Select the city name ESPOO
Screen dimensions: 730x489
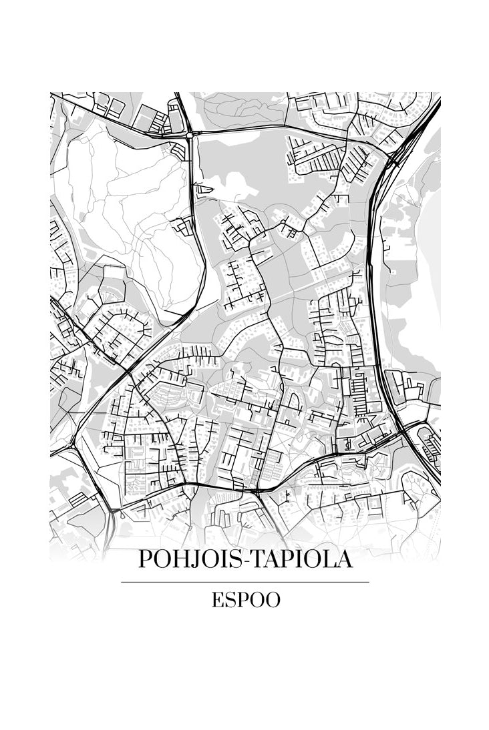tap(246, 600)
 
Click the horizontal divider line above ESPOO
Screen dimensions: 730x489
tap(244, 582)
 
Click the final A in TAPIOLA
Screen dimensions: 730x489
tap(343, 559)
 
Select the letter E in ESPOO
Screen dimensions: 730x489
tap(217, 600)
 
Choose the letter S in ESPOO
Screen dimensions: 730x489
tap(230, 600)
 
